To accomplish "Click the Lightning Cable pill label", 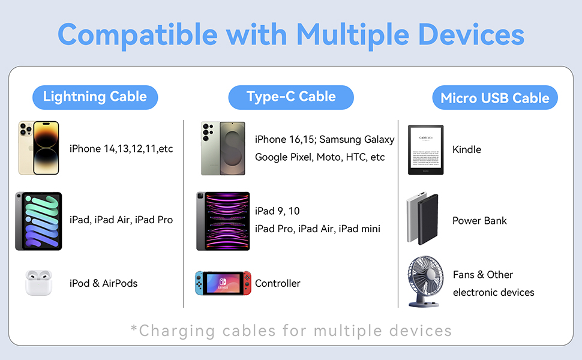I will point(95,97).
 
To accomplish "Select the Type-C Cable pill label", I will point(291,97).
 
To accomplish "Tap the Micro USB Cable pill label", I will point(495,98).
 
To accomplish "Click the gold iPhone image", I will point(38,148).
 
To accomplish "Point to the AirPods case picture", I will point(40,283).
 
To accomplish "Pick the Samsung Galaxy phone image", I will point(223,148).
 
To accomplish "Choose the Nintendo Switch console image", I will point(223,283).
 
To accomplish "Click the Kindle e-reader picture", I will point(425,150).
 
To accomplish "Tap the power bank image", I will point(422,219).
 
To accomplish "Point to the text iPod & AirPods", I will point(103,283).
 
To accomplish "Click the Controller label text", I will point(277,283).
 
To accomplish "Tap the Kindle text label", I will point(467,149).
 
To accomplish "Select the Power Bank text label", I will point(479,220).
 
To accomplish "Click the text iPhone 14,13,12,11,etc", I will point(121,148).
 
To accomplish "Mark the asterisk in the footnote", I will point(134,329).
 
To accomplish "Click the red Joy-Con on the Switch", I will point(247,283).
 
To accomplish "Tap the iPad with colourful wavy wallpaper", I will point(38,221).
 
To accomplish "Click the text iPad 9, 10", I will point(277,211).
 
